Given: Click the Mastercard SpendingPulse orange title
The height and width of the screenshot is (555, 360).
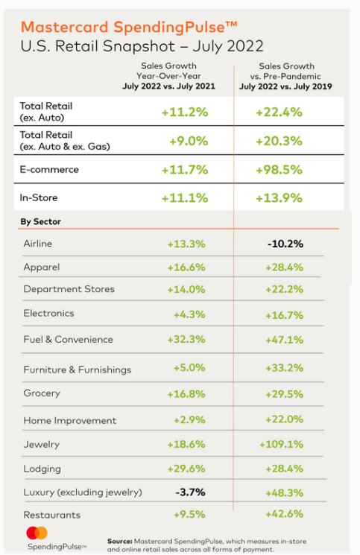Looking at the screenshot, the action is click(x=129, y=28).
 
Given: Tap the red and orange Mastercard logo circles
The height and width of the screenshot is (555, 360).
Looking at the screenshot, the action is click(x=37, y=533).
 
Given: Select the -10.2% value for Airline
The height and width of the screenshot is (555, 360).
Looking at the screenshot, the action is click(x=285, y=244).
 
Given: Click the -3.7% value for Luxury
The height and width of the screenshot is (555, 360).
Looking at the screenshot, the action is click(x=191, y=492).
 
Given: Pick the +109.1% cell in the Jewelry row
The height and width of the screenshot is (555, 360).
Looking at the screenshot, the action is click(x=282, y=444).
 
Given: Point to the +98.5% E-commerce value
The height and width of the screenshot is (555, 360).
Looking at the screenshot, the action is click(x=279, y=170).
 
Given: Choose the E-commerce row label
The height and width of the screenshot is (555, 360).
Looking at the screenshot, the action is click(x=49, y=170).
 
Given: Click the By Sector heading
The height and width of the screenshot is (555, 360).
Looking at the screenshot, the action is click(x=41, y=221).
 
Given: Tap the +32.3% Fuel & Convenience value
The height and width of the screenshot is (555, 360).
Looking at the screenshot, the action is click(x=186, y=340).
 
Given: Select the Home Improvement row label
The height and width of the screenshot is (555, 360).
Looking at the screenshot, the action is click(x=70, y=420).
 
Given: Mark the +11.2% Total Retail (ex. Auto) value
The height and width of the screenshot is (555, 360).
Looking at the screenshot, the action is click(x=185, y=112).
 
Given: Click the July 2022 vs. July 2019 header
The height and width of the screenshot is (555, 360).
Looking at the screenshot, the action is click(x=285, y=86).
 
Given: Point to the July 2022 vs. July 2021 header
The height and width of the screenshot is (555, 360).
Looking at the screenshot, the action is click(x=168, y=86).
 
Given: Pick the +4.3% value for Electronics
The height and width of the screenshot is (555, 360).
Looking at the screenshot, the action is click(x=189, y=314).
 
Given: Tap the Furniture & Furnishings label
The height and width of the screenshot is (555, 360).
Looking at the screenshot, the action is click(x=78, y=370).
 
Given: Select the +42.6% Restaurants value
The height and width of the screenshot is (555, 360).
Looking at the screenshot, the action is click(x=284, y=514).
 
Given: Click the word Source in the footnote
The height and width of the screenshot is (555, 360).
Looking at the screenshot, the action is click(x=120, y=541).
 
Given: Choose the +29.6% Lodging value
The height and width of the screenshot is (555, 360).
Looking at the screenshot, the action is click(x=186, y=469).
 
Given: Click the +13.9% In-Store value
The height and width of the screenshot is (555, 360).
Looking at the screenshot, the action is click(x=279, y=198).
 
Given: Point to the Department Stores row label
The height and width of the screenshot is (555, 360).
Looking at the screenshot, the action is click(x=69, y=289).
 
